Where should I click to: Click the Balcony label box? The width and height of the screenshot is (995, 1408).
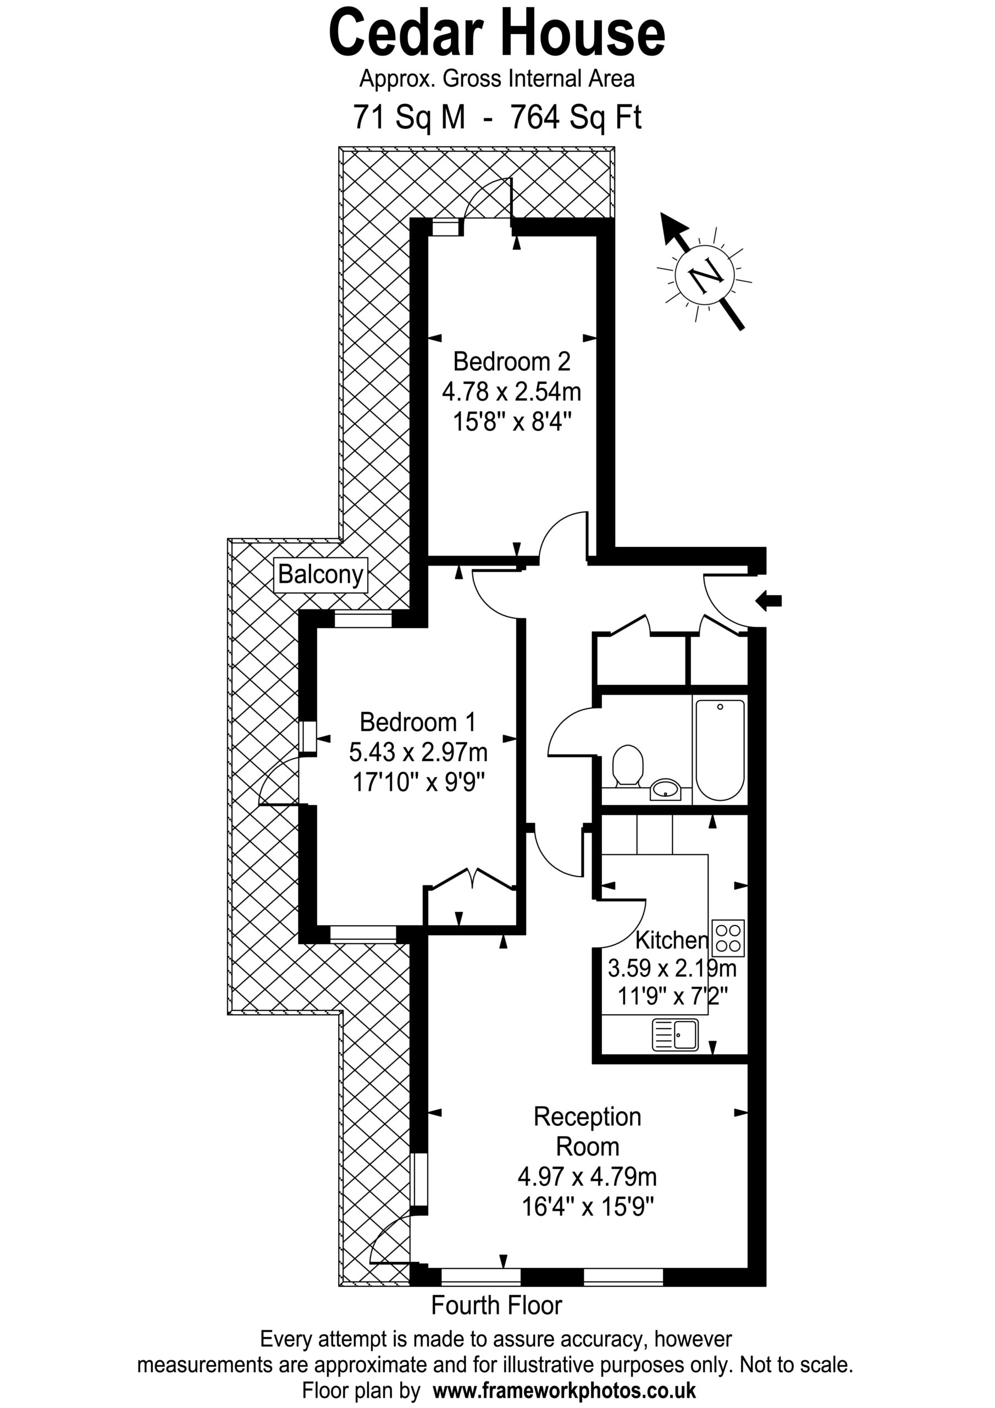point(320,575)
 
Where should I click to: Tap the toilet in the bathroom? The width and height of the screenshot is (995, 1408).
point(627,765)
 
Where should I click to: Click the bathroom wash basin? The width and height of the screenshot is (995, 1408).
point(665,789)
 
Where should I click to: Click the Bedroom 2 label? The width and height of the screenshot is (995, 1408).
point(512,362)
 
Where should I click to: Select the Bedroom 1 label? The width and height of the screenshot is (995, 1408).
point(417,722)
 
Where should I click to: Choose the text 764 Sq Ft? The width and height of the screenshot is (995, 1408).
point(576,117)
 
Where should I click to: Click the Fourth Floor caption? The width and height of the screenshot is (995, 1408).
point(496,1305)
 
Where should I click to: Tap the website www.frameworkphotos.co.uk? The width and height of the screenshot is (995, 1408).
point(565,1389)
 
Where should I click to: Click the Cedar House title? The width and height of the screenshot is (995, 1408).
point(497,34)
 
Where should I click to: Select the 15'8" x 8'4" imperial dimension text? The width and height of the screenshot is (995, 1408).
point(512,422)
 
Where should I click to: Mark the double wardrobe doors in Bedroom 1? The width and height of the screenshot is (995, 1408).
point(472,879)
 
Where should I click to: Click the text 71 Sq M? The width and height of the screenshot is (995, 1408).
point(409,117)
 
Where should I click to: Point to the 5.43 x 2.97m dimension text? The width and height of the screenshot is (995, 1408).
point(418,752)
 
